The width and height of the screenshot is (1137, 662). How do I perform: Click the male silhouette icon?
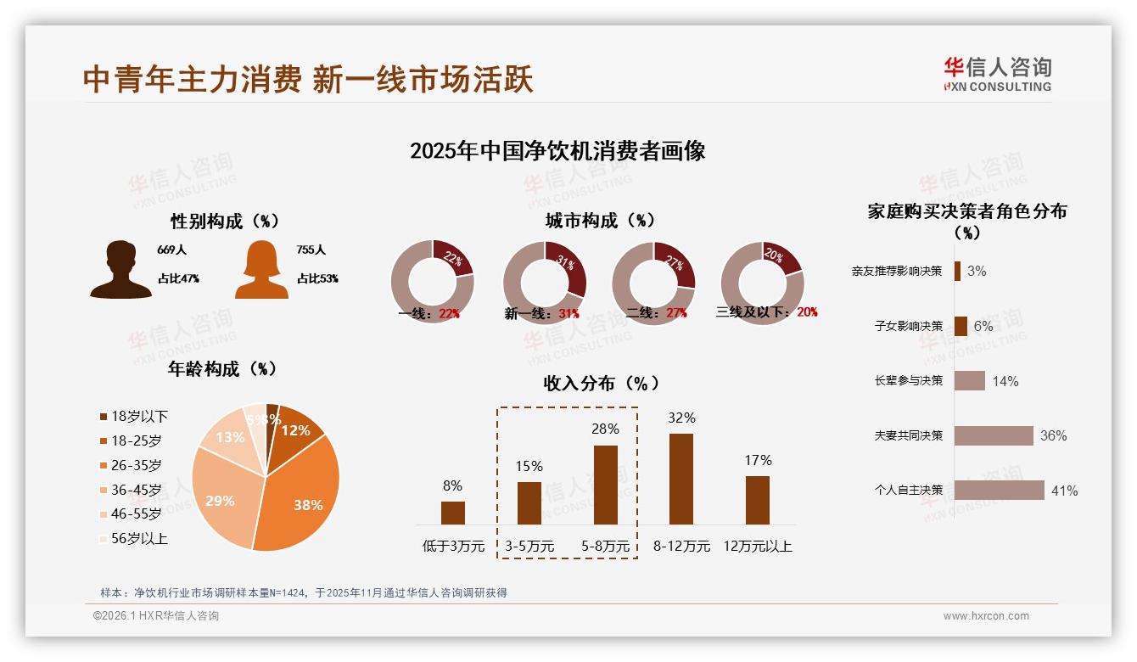(120, 269)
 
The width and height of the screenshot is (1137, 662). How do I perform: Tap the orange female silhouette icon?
(261, 269)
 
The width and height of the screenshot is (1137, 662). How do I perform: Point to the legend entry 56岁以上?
(132, 538)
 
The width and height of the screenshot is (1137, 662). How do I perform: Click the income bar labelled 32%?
(681, 479)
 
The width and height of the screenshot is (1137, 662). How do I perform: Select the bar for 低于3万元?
(453, 513)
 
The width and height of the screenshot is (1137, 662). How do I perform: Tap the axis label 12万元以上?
(757, 547)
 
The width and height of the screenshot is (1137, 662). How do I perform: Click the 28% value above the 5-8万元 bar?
(605, 429)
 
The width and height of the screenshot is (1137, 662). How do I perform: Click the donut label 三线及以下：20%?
(766, 312)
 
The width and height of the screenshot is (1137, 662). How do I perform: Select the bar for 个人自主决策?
(999, 490)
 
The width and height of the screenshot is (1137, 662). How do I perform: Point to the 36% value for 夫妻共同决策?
(1053, 435)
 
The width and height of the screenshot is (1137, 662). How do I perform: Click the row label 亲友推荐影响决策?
(897, 272)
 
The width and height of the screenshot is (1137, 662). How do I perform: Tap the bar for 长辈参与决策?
(969, 380)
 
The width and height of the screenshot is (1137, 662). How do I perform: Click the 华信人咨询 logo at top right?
(997, 74)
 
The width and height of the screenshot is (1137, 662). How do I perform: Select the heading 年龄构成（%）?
(222, 369)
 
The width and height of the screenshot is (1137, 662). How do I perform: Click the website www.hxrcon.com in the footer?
(986, 616)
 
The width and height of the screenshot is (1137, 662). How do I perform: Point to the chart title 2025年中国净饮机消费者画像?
(557, 151)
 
